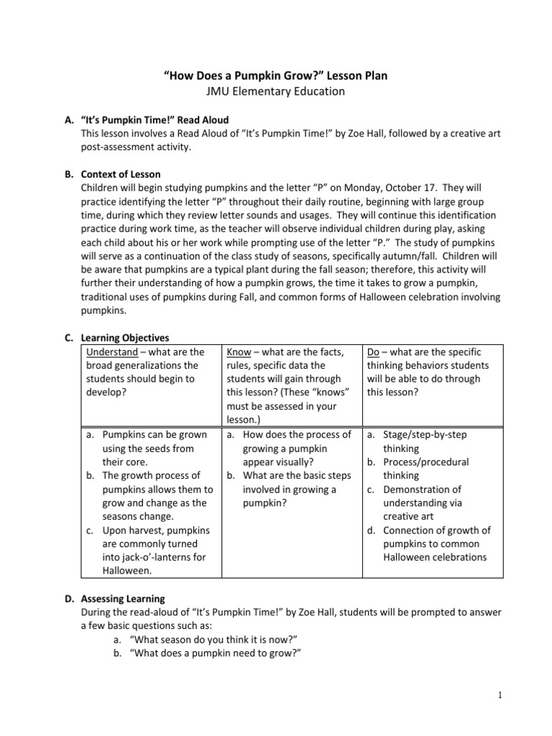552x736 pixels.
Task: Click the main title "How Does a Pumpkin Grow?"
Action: coord(276,75)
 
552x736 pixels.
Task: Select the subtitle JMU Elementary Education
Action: coord(276,91)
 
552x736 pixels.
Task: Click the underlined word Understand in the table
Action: coord(111,351)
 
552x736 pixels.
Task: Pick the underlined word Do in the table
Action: coord(373,351)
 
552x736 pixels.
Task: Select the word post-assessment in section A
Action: coord(120,147)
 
